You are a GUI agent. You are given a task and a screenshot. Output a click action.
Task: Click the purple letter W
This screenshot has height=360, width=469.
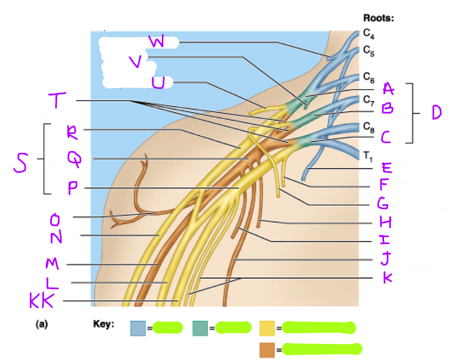[x=157, y=42]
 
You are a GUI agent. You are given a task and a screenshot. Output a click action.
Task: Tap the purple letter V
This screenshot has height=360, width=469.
[x=136, y=62]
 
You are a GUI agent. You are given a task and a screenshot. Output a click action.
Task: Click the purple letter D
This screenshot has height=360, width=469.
[x=436, y=112]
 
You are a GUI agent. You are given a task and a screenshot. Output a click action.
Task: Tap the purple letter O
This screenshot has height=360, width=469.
[x=54, y=219]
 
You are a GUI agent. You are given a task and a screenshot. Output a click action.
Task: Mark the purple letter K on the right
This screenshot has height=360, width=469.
[x=387, y=278]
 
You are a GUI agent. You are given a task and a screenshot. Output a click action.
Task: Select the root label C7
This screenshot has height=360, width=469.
[x=369, y=99]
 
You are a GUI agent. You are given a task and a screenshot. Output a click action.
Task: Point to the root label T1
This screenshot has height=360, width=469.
[x=367, y=156]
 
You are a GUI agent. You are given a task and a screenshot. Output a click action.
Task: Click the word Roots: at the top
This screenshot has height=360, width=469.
[x=378, y=18]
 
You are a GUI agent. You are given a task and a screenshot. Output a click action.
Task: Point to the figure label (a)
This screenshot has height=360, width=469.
[x=41, y=324]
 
